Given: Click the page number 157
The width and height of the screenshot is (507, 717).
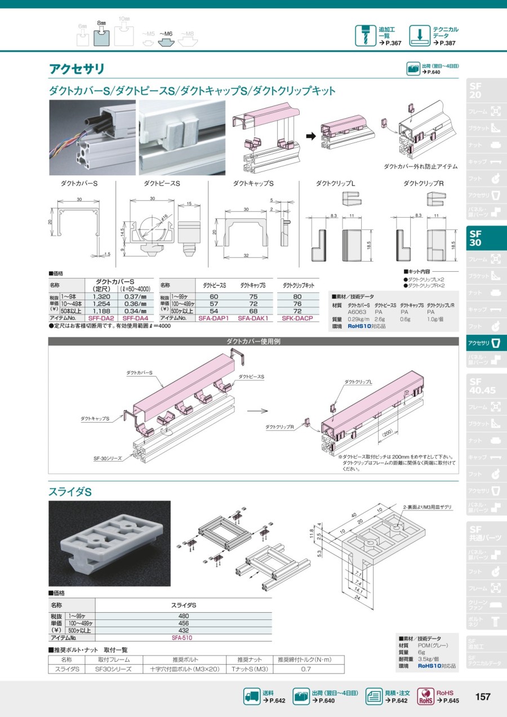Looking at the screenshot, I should click(483, 697).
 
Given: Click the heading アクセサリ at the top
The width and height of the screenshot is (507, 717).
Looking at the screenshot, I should click(77, 69).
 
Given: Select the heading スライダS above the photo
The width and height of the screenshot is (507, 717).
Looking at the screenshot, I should click(70, 492).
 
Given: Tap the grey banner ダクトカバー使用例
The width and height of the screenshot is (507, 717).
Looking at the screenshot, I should click(253, 342).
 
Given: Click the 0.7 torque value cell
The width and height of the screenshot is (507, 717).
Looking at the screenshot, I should click(306, 669).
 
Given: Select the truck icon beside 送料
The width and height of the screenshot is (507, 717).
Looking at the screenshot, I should click(251, 697).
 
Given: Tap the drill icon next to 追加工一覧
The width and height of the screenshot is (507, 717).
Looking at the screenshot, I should click(365, 36).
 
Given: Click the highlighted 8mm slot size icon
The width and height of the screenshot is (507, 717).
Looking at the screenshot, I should click(101, 36).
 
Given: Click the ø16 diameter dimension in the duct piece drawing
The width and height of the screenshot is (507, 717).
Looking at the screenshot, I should click(166, 216).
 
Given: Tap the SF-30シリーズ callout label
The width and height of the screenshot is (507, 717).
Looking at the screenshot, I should click(108, 459).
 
